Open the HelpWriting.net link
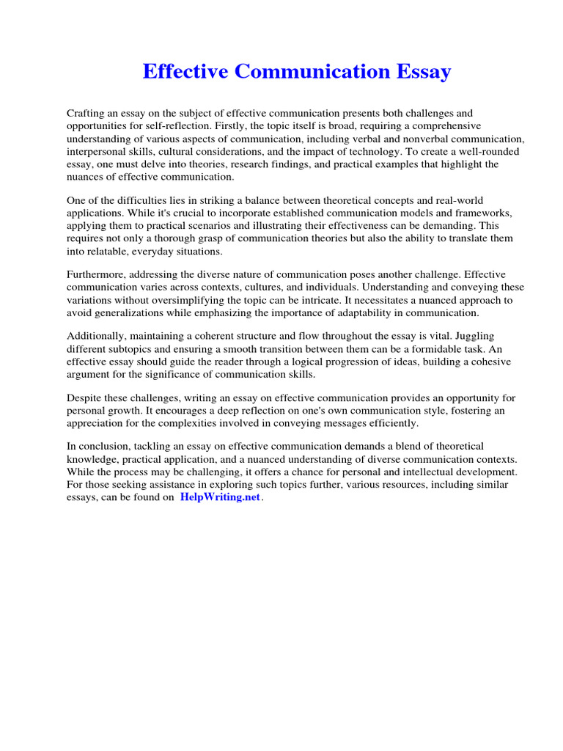tap(220, 497)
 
